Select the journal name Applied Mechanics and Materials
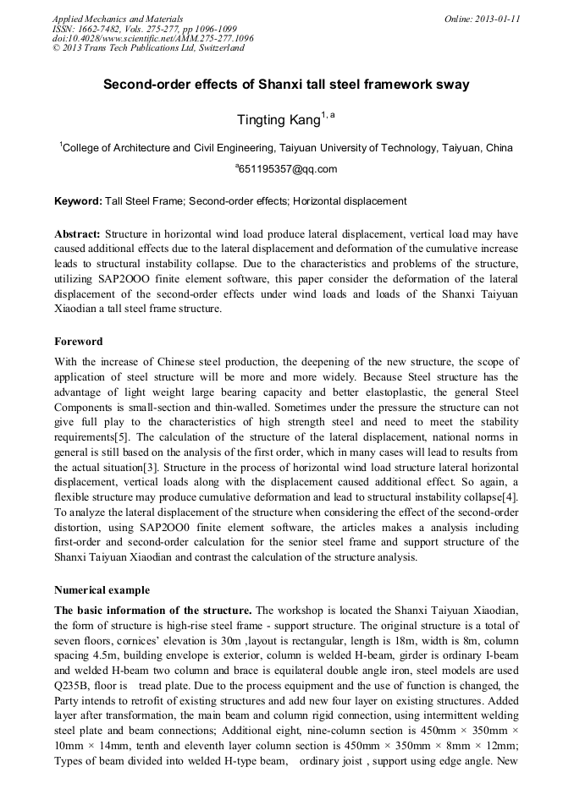click(117, 19)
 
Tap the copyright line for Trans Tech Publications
click(147, 48)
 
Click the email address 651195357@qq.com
click(288, 169)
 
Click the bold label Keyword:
click(78, 201)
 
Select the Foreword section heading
click(79, 342)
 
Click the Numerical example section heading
click(102, 589)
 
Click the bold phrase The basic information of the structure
click(153, 610)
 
